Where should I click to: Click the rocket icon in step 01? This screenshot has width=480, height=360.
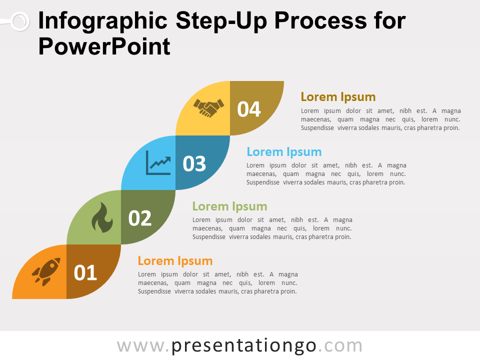[46, 271]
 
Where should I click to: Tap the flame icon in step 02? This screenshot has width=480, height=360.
[102, 217]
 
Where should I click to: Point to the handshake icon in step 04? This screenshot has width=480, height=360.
[209, 108]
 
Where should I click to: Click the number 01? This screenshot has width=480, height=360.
[85, 272]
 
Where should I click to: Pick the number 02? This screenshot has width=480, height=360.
[140, 218]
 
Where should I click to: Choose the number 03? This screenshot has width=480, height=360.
[194, 163]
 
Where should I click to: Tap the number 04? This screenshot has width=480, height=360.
[249, 109]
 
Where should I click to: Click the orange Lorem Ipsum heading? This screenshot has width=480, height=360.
[175, 261]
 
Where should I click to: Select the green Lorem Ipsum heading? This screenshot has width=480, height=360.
[229, 206]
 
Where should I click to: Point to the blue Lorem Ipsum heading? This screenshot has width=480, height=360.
[284, 152]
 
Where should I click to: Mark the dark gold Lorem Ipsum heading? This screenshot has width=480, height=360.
[338, 97]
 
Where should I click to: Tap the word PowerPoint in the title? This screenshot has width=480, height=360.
[104, 46]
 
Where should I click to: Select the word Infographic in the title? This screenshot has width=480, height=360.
[103, 21]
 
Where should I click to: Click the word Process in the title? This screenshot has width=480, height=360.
[320, 21]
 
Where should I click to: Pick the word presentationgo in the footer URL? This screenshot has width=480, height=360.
[243, 346]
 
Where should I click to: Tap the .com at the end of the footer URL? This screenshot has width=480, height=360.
[340, 346]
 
